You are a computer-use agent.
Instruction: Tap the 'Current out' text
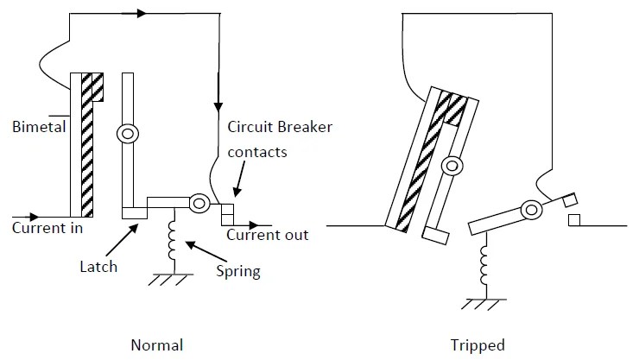tap(267, 234)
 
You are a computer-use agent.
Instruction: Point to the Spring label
tap(238, 271)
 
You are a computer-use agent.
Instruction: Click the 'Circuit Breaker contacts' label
tap(280, 138)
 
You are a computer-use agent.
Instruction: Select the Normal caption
tap(156, 344)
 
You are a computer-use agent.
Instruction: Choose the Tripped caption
tap(477, 344)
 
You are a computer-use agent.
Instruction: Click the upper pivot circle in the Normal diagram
tap(127, 135)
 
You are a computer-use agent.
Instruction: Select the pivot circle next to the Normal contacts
tap(198, 204)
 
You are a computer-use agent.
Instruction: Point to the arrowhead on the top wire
tap(141, 13)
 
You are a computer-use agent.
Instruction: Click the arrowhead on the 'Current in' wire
tap(33, 216)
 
